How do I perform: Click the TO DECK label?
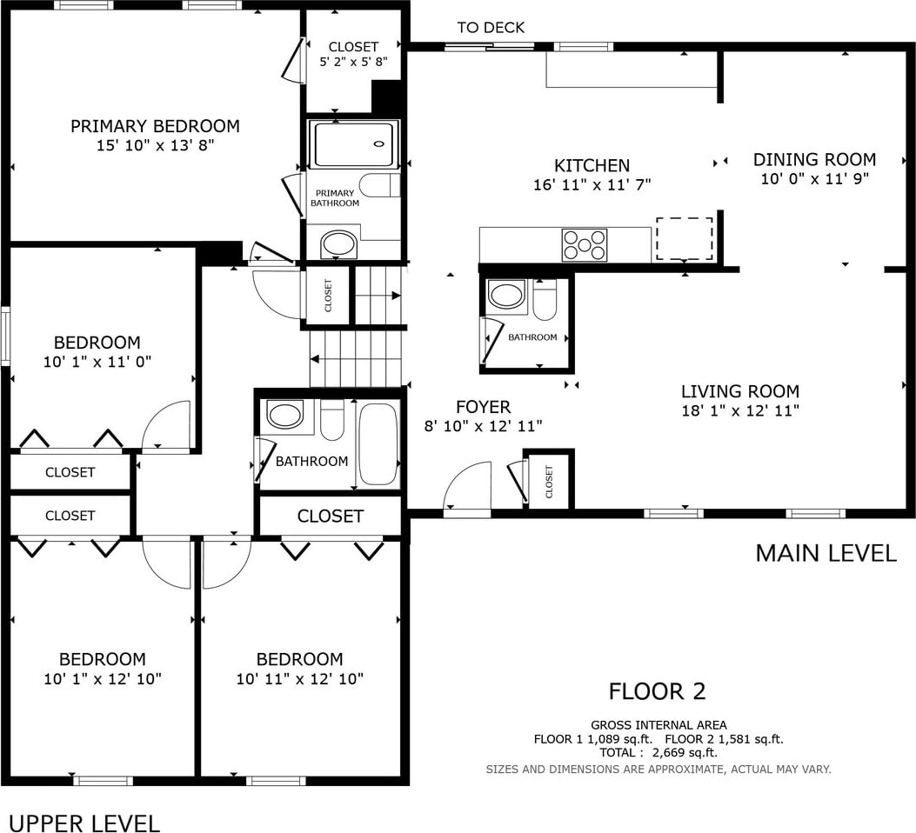pyautogui.click(x=491, y=28)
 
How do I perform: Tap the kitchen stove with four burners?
pyautogui.click(x=585, y=244)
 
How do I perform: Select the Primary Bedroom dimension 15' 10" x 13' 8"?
pyautogui.click(x=156, y=145)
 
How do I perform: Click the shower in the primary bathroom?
pyautogui.click(x=352, y=144)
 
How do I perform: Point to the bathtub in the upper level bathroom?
pyautogui.click(x=378, y=444)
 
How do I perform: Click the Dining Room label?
pyautogui.click(x=814, y=159)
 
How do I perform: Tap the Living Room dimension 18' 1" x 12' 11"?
pyautogui.click(x=740, y=410)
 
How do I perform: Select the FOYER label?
pyautogui.click(x=483, y=406)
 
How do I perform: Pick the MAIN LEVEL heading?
pyautogui.click(x=826, y=553)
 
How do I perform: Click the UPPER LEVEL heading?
pyautogui.click(x=85, y=823)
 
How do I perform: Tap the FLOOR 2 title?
pyautogui.click(x=658, y=691)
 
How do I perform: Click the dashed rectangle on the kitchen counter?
pyautogui.click(x=684, y=239)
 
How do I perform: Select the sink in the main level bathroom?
pyautogui.click(x=507, y=294)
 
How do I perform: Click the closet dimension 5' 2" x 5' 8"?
pyautogui.click(x=353, y=61)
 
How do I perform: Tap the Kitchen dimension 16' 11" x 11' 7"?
pyautogui.click(x=592, y=184)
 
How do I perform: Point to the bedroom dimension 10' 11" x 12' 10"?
pyautogui.click(x=300, y=679)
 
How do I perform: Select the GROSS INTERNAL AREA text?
pyautogui.click(x=659, y=725)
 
